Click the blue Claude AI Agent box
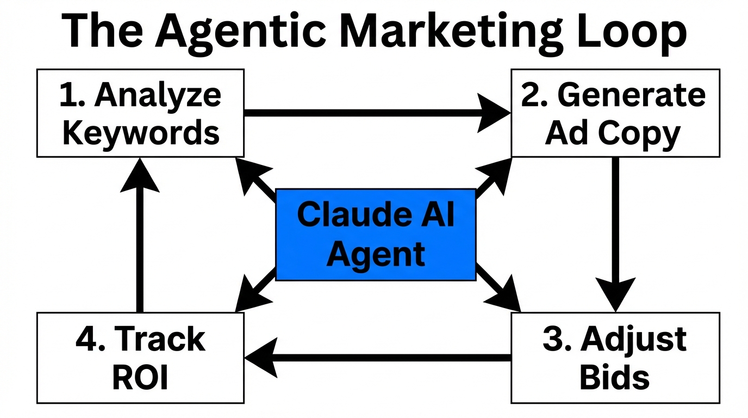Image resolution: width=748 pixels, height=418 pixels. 376,235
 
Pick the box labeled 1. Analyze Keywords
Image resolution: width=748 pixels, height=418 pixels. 140,113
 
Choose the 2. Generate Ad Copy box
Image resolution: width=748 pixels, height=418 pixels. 615,113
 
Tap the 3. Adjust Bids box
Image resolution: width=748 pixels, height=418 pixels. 615,358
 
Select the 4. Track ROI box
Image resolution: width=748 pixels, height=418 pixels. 140,358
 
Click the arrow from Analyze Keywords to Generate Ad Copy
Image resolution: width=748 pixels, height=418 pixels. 375,113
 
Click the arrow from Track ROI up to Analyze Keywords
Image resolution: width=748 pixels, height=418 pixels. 140,234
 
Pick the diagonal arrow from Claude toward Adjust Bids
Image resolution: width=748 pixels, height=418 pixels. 496,288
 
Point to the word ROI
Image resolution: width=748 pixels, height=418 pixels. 140,378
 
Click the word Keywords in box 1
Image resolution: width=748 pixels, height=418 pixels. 141,133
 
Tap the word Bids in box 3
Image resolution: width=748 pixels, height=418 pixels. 614,377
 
